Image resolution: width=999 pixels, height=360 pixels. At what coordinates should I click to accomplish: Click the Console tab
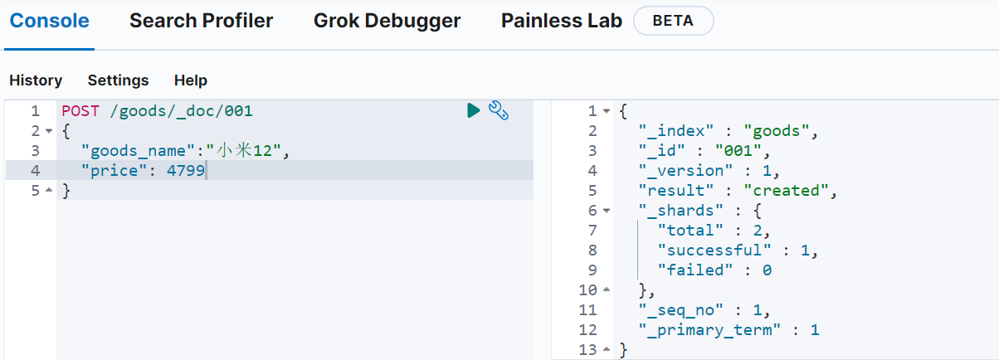(x=50, y=21)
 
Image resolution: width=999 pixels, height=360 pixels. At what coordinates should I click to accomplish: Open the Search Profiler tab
(x=201, y=21)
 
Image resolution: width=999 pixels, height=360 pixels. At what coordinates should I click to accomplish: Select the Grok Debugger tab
(x=387, y=21)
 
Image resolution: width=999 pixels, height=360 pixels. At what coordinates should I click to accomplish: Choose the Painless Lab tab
(x=562, y=21)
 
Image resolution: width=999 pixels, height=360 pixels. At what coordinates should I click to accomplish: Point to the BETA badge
(x=673, y=21)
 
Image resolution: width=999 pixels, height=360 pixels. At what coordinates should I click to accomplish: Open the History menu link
(x=36, y=80)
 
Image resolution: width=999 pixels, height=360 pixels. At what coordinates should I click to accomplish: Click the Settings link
(x=118, y=80)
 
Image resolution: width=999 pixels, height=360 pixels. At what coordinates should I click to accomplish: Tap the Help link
(x=191, y=80)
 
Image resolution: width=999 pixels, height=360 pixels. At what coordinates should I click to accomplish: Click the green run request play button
(x=473, y=110)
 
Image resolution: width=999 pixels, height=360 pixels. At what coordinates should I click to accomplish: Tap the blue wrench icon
(x=499, y=110)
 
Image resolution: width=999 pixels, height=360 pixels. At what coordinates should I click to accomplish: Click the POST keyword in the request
(x=80, y=110)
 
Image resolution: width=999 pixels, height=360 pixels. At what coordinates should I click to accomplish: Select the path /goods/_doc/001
(x=181, y=111)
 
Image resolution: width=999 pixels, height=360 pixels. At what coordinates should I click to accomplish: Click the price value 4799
(x=186, y=170)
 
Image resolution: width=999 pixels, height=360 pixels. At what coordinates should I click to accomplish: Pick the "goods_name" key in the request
(x=138, y=151)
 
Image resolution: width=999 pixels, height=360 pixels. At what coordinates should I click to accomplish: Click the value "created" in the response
(x=787, y=191)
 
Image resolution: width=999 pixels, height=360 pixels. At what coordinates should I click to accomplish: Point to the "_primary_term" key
(x=709, y=330)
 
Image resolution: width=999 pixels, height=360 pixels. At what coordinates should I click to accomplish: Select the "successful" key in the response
(x=714, y=251)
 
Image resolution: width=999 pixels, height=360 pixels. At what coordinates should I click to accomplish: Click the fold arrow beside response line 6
(x=607, y=211)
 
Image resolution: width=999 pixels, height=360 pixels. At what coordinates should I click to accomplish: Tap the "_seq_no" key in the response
(x=681, y=310)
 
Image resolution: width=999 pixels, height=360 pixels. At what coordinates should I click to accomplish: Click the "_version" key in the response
(x=685, y=170)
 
